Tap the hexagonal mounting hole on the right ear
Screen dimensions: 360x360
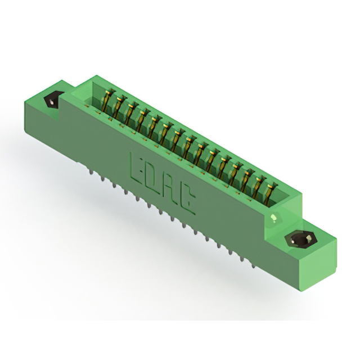(x=300, y=240)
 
